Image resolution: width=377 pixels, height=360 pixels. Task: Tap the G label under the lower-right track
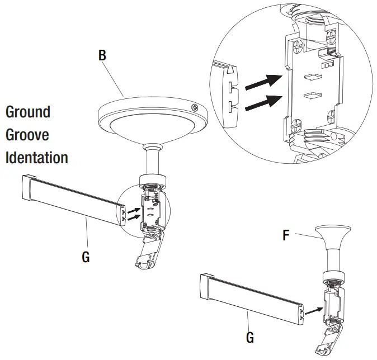[250, 337]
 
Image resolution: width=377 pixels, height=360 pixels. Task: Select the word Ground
[28, 112]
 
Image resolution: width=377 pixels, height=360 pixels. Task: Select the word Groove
[27, 135]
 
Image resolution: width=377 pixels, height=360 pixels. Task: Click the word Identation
[37, 158]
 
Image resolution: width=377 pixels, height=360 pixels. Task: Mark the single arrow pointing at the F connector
[313, 308]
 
